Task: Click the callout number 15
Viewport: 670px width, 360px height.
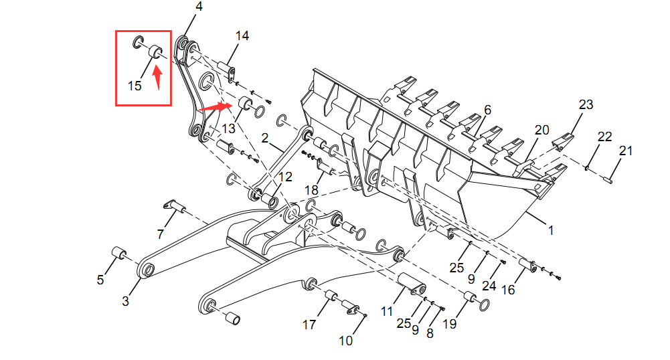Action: [x=135, y=86]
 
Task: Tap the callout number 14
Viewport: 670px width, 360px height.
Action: [x=242, y=36]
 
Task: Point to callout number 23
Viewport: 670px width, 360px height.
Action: [x=586, y=104]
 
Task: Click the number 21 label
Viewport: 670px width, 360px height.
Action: [x=625, y=151]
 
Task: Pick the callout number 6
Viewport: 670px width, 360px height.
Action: [x=487, y=109]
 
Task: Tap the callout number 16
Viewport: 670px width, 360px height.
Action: [x=509, y=289]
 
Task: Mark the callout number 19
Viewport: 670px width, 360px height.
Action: [x=449, y=325]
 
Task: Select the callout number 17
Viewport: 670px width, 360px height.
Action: [x=309, y=325]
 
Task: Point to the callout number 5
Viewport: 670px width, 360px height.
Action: [x=100, y=280]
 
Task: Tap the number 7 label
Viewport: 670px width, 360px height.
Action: [x=161, y=234]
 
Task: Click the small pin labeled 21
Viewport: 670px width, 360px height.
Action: [x=611, y=178]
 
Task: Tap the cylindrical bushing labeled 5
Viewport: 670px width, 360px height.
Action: [x=118, y=254]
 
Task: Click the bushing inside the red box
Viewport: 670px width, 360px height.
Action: [x=155, y=51]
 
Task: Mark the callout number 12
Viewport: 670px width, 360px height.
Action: [x=285, y=177]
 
